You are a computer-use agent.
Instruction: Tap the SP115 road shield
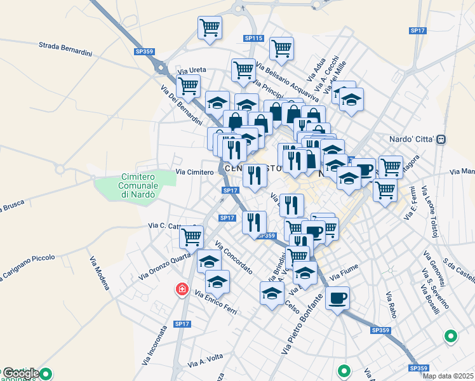click(x=253, y=39)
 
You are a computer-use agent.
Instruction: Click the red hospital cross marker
click(x=182, y=290)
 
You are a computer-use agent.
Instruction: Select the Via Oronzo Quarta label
click(x=164, y=267)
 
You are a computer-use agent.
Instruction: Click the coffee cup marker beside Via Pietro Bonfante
click(x=338, y=297)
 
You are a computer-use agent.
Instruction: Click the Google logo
click(x=20, y=373)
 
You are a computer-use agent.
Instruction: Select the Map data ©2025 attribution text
click(x=448, y=376)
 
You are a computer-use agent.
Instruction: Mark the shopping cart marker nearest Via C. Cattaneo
click(x=191, y=237)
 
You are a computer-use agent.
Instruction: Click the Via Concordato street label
click(x=233, y=257)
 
